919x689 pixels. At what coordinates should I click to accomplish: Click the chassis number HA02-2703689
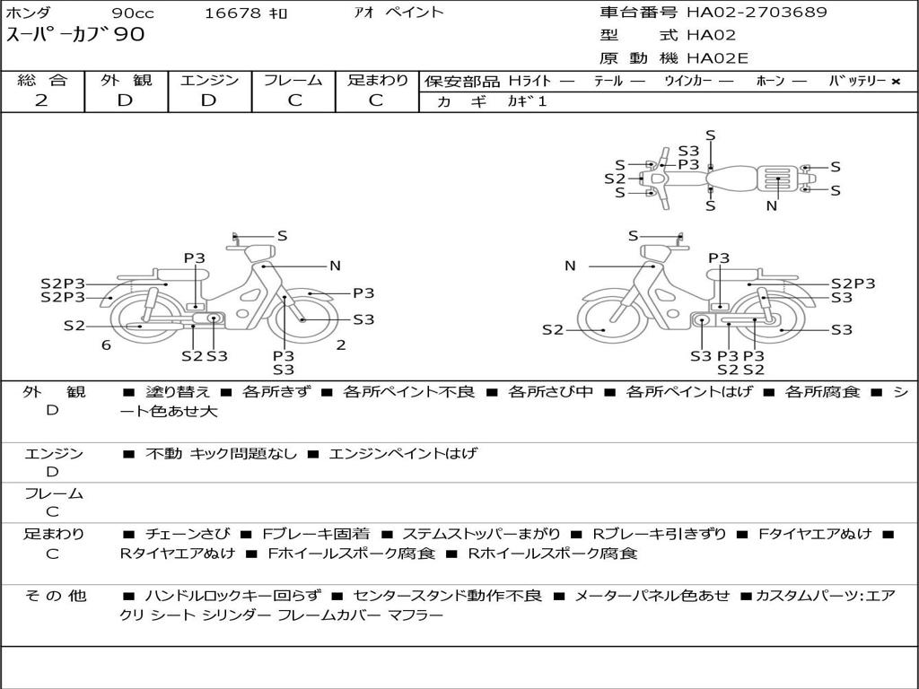[x=757, y=12]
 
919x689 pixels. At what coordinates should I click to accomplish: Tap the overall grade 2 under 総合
[x=41, y=100]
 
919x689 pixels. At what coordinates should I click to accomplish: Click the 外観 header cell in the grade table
[x=126, y=80]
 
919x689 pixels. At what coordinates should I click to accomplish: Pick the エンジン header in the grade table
[x=209, y=80]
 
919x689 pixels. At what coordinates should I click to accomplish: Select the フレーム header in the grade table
[x=293, y=80]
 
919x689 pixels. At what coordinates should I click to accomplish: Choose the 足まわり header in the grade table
[x=378, y=80]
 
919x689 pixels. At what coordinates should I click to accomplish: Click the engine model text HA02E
[x=717, y=58]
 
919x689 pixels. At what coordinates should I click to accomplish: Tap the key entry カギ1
[x=527, y=101]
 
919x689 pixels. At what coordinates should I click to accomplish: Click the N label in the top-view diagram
[x=772, y=205]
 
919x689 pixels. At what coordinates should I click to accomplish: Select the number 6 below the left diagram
[x=106, y=345]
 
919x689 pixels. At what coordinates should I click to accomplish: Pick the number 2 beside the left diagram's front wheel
[x=341, y=345]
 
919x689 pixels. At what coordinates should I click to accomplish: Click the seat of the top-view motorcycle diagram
[x=731, y=179]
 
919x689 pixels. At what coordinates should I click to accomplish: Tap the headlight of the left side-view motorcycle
[x=259, y=253]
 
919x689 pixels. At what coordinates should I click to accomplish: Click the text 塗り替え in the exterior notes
[x=178, y=391]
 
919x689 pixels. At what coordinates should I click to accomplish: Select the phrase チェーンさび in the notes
[x=188, y=534]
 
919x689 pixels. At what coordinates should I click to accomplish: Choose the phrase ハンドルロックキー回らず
[x=233, y=596]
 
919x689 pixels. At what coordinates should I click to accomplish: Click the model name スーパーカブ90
[x=75, y=34]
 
